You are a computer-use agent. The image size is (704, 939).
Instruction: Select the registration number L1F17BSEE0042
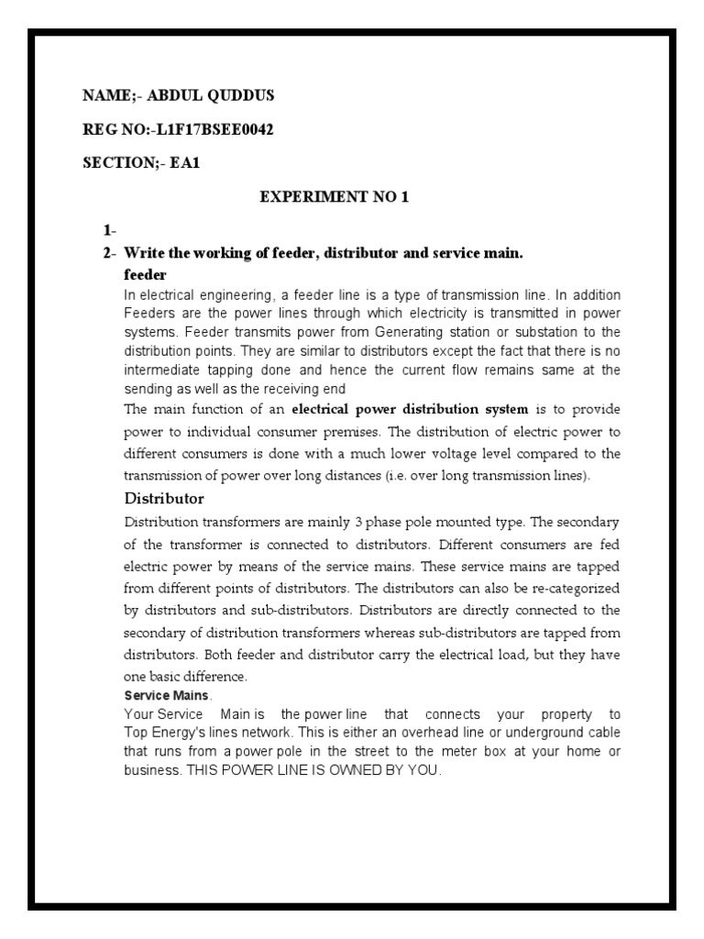215,129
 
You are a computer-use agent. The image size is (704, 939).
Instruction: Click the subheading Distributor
164,499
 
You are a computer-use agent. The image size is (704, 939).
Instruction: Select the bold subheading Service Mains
160,696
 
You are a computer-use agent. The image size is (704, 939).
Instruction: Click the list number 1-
110,229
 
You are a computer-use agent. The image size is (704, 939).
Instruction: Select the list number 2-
110,252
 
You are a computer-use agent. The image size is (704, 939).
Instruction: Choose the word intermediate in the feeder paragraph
161,370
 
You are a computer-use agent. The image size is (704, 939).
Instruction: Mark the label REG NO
110,129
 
